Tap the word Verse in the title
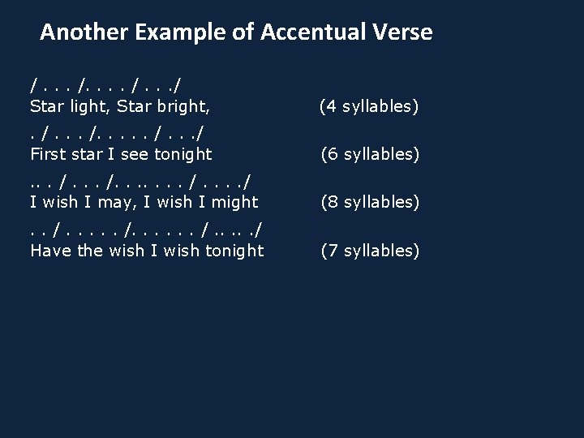[403, 32]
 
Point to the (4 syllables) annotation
[369, 105]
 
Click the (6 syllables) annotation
[370, 153]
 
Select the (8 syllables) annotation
[370, 202]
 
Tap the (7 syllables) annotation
[370, 251]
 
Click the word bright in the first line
[187, 105]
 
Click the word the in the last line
[88, 251]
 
